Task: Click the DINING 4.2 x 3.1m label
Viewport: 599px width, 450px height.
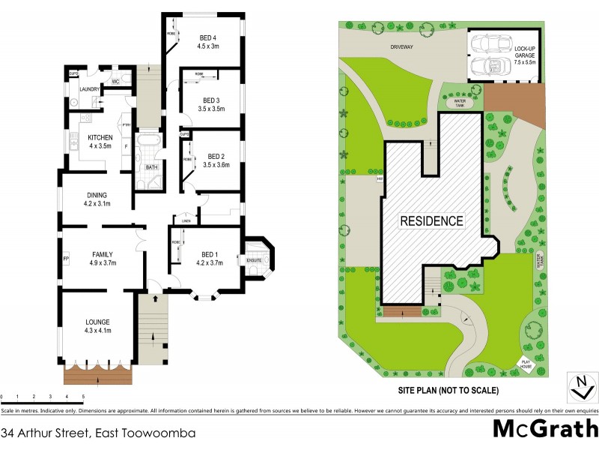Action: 97,199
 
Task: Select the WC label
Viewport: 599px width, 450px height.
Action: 116,82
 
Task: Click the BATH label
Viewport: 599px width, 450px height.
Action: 151,167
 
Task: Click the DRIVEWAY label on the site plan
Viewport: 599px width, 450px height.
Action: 402,47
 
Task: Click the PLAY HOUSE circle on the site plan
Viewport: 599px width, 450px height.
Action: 528,365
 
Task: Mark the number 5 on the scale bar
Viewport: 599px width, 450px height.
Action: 83,395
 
